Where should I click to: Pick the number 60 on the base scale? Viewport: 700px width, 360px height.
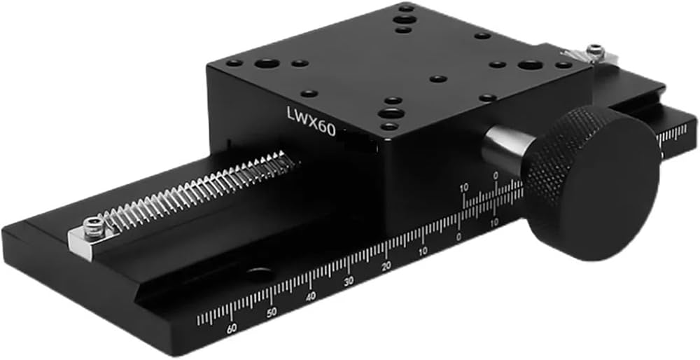(x=231, y=328)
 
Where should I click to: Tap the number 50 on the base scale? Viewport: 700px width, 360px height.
(x=271, y=312)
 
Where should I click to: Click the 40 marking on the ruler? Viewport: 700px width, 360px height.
(x=311, y=296)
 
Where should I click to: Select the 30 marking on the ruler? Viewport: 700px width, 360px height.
(x=349, y=281)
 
